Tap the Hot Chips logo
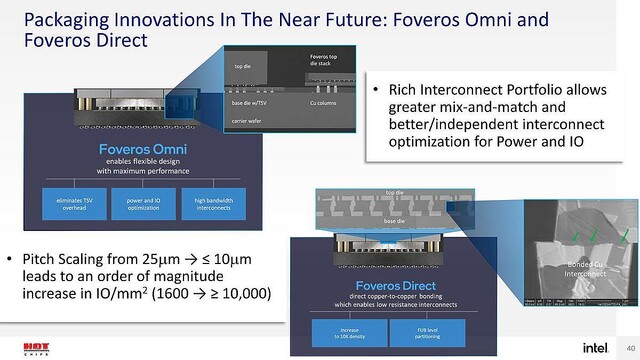pyautogui.click(x=31, y=340)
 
